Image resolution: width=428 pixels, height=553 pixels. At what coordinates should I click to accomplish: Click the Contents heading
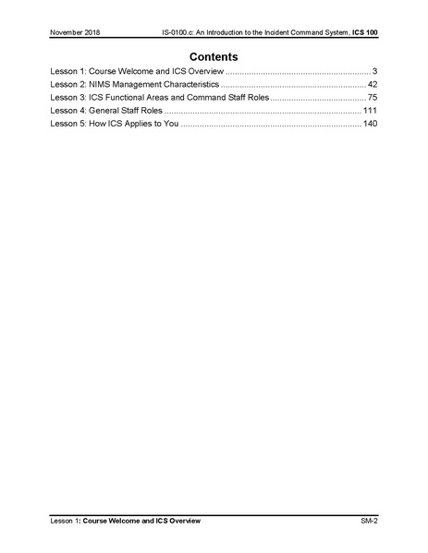point(214,56)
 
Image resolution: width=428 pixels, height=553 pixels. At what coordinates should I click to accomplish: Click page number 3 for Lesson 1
point(373,71)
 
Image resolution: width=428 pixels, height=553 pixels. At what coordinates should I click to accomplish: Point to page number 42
point(372,84)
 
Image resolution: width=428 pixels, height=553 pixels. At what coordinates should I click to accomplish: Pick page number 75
point(372,97)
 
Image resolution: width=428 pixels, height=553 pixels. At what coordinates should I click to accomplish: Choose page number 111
point(370,110)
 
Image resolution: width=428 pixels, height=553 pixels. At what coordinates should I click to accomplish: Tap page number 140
point(370,123)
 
